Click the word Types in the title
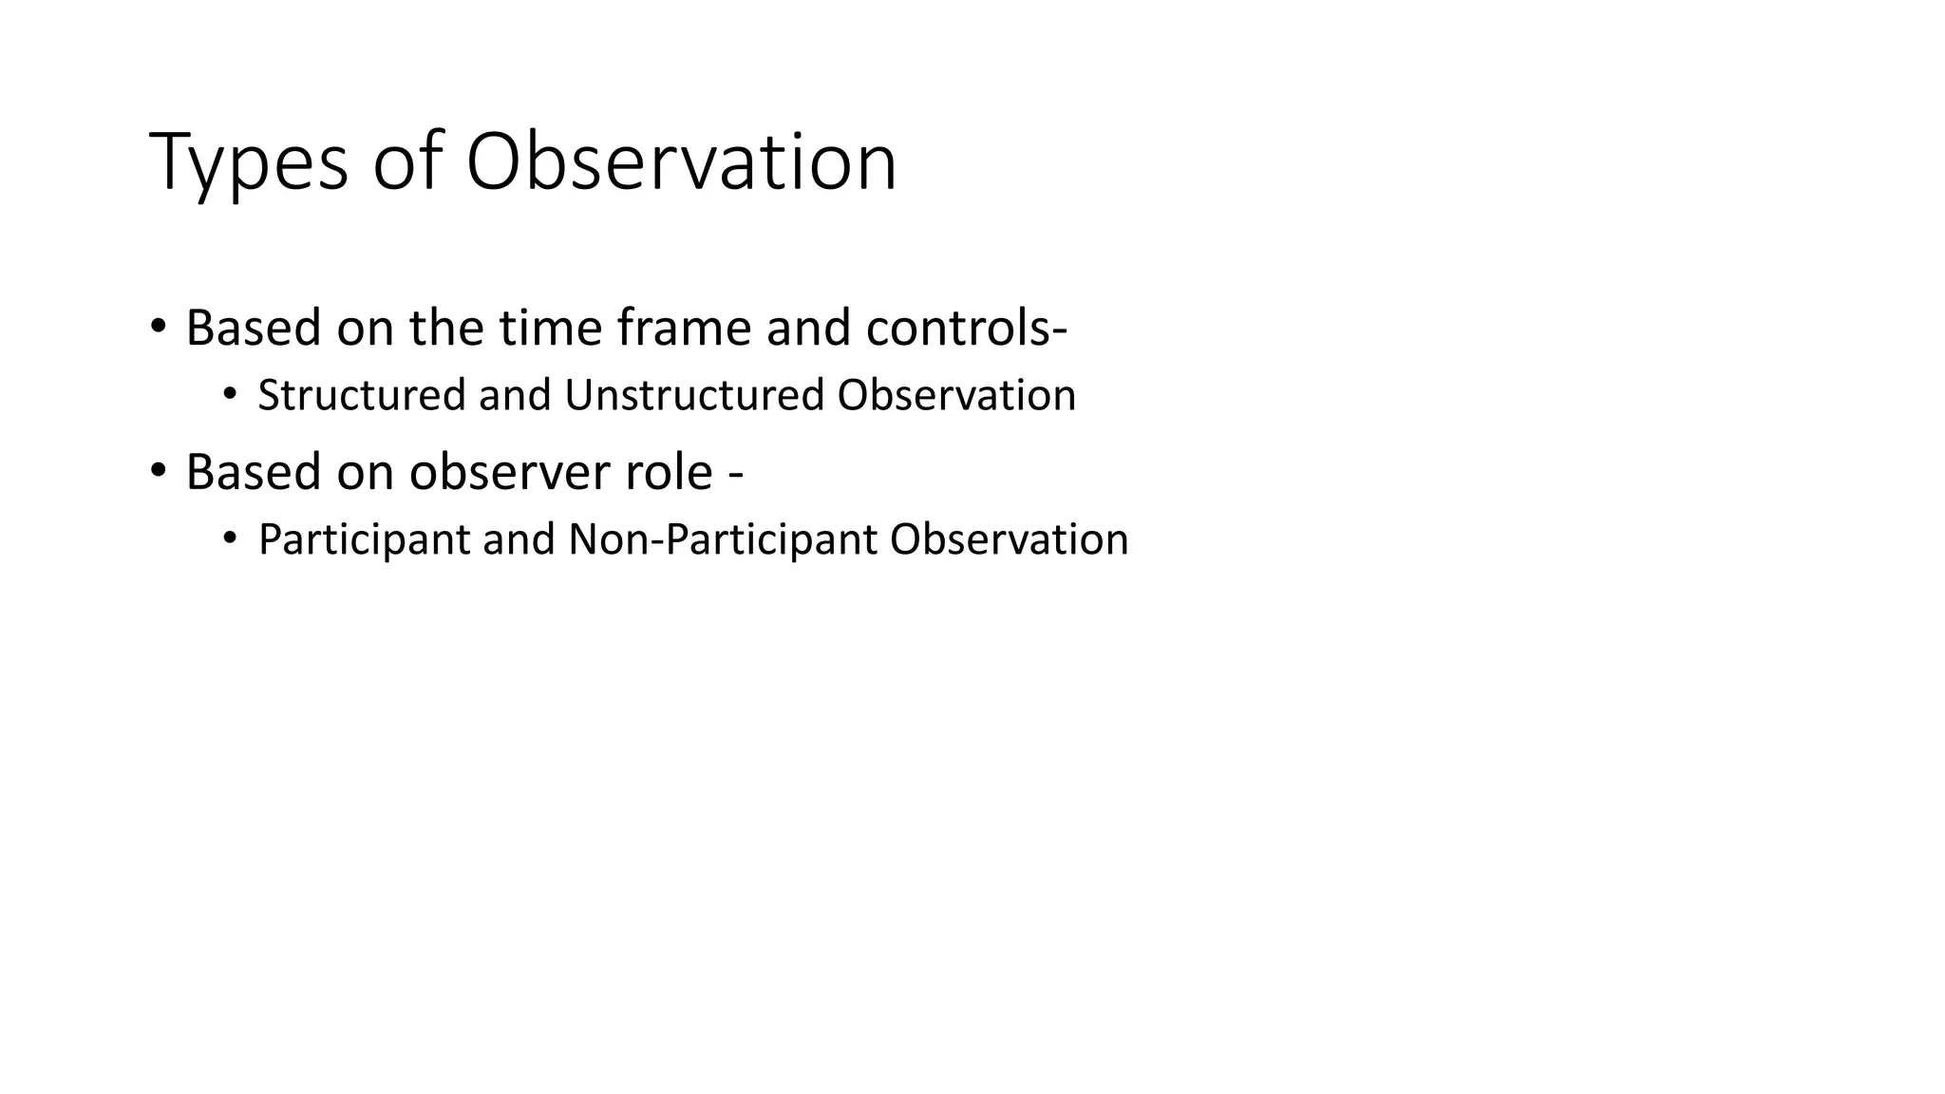[249, 162]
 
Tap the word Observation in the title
[681, 162]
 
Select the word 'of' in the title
[407, 162]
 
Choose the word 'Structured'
[361, 395]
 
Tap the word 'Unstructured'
[693, 395]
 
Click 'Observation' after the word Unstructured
[956, 395]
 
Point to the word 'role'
[669, 472]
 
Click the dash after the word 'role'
[735, 474]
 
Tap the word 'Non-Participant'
[722, 539]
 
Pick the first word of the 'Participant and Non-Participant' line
[364, 539]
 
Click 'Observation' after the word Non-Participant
[1009, 539]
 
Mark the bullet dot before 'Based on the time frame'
[158, 327]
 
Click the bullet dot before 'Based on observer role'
[158, 470]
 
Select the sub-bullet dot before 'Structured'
[229, 394]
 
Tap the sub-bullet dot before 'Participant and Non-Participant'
[229, 538]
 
